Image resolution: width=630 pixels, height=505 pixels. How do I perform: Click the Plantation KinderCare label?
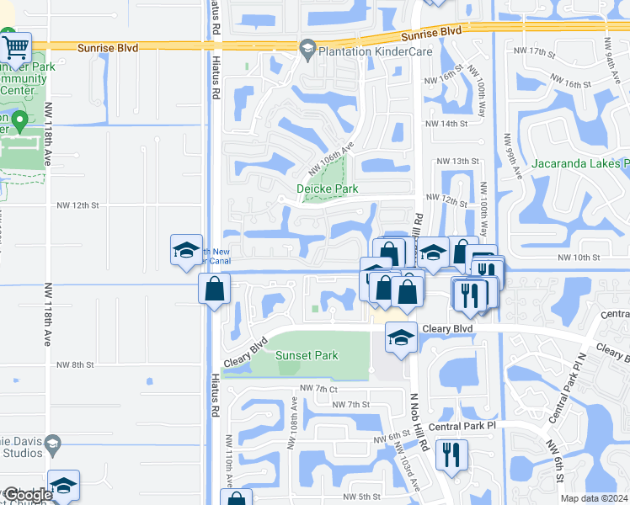[x=362, y=52]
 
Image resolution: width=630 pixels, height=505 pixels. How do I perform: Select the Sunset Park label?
[x=307, y=355]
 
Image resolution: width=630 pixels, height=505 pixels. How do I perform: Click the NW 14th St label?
[x=446, y=124]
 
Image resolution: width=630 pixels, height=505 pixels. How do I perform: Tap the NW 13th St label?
[x=457, y=161]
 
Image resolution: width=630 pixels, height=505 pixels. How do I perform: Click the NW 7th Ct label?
[x=318, y=389]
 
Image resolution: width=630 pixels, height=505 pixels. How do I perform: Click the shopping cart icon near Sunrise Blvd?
[x=16, y=46]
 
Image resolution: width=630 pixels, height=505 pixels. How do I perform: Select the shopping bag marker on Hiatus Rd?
[x=215, y=290]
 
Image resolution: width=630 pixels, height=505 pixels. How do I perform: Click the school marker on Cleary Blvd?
[x=401, y=338]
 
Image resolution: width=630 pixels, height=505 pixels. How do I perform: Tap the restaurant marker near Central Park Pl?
[x=452, y=455]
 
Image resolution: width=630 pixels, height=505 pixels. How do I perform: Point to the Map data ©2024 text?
[x=595, y=498]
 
